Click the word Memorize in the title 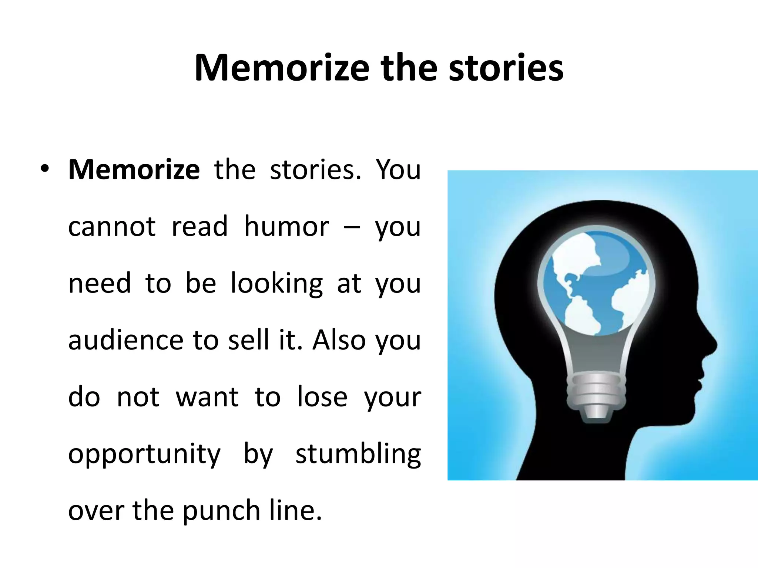point(282,68)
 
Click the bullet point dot point(45,169)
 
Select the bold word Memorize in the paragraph point(134,170)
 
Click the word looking point(276,284)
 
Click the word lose point(322,397)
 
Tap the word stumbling point(358,454)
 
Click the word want point(207,397)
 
